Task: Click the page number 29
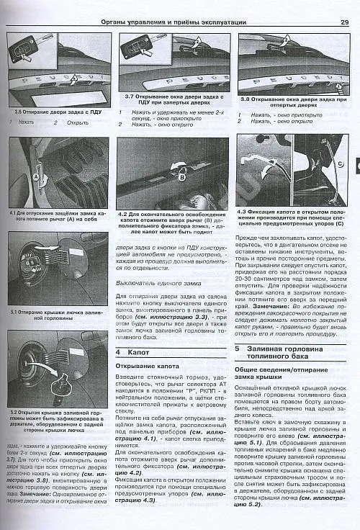tap(344, 22)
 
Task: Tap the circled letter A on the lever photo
tap(35, 175)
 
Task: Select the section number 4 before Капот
tap(119, 352)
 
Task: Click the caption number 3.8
tap(245, 99)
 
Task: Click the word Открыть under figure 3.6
tap(78, 122)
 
